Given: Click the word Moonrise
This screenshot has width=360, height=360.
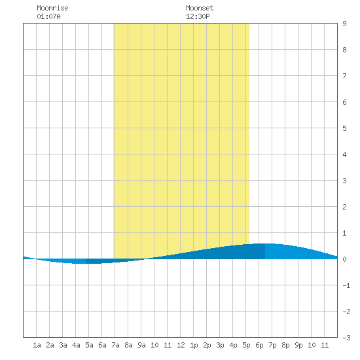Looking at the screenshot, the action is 52,8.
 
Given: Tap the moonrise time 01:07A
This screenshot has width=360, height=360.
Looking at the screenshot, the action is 48,16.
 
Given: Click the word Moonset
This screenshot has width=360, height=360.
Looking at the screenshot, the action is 200,8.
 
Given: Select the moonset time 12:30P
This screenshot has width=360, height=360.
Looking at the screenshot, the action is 198,16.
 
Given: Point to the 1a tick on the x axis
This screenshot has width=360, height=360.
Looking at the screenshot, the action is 37,345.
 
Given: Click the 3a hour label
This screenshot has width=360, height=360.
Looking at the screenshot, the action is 63,345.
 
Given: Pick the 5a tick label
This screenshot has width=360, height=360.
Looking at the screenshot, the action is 89,345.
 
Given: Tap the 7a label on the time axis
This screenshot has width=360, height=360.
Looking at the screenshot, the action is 115,345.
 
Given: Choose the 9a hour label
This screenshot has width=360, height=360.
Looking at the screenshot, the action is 141,345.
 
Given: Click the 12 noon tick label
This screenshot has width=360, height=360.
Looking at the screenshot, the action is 181,345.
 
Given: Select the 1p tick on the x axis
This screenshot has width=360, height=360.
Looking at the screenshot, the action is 194,345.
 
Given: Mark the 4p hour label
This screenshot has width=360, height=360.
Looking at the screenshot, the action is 233,345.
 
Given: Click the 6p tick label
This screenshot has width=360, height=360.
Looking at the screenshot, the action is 259,345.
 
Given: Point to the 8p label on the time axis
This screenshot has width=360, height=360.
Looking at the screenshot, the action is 285,345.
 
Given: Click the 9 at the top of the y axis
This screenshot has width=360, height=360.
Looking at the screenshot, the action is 344,24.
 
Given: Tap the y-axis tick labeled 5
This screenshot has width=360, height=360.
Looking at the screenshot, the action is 344,128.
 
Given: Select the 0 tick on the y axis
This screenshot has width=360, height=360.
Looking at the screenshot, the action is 344,259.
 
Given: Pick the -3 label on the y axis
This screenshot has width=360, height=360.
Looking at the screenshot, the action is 346,338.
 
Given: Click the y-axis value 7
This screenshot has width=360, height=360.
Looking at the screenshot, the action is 344,76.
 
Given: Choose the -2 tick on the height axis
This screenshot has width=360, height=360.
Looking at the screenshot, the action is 346,312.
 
